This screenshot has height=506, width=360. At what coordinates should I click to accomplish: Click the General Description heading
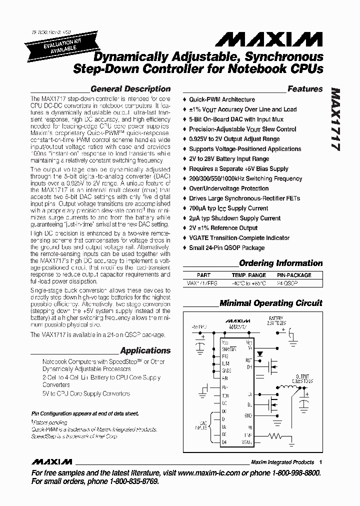tap(130, 89)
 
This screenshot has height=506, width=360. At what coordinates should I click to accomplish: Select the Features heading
tap(305, 89)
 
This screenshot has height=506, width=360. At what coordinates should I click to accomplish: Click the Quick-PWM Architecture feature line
tap(221, 99)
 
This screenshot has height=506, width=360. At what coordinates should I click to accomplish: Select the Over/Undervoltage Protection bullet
tap(228, 188)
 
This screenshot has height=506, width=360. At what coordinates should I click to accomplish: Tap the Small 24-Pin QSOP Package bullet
tap(226, 248)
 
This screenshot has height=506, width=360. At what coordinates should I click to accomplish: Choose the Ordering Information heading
tap(281, 263)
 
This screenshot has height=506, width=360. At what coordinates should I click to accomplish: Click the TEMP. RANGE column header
tap(248, 275)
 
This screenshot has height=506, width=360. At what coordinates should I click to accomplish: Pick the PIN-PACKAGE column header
tap(294, 275)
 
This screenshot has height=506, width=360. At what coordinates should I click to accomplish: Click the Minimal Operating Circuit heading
tap(271, 303)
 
